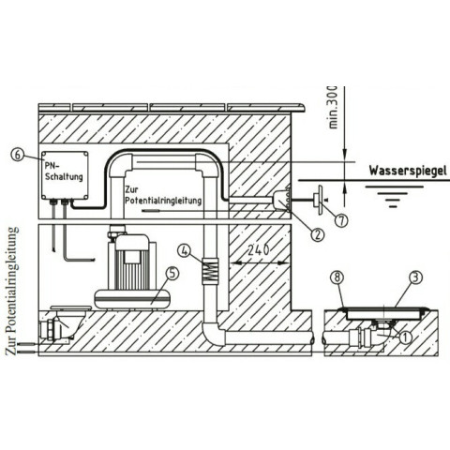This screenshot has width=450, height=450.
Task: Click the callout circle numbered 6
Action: click(x=18, y=155)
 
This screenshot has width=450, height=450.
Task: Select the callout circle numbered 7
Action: click(x=341, y=220)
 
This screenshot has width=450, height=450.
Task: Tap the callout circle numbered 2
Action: click(x=318, y=234)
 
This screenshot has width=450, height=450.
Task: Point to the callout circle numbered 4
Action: click(x=186, y=250)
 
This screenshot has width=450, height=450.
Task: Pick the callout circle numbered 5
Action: click(x=172, y=273)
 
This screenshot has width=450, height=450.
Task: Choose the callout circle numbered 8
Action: click(x=338, y=277)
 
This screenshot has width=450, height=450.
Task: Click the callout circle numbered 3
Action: click(x=416, y=277)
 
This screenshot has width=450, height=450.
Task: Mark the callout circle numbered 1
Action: click(x=405, y=337)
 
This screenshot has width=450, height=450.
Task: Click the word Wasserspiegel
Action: click(x=408, y=172)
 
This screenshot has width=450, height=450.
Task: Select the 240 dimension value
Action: click(x=258, y=250)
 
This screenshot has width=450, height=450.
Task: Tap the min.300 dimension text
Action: click(x=334, y=107)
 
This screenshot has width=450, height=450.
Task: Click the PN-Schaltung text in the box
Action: click(x=64, y=172)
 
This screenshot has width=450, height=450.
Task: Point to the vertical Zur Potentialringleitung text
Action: click(x=12, y=291)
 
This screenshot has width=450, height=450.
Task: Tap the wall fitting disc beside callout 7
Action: click(x=320, y=200)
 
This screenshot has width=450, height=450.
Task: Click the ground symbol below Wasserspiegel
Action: click(x=393, y=196)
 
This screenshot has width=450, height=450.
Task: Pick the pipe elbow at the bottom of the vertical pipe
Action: click(x=214, y=334)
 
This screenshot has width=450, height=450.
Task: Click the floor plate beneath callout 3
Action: click(x=386, y=313)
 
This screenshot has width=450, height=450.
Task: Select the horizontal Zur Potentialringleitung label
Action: click(x=163, y=195)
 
